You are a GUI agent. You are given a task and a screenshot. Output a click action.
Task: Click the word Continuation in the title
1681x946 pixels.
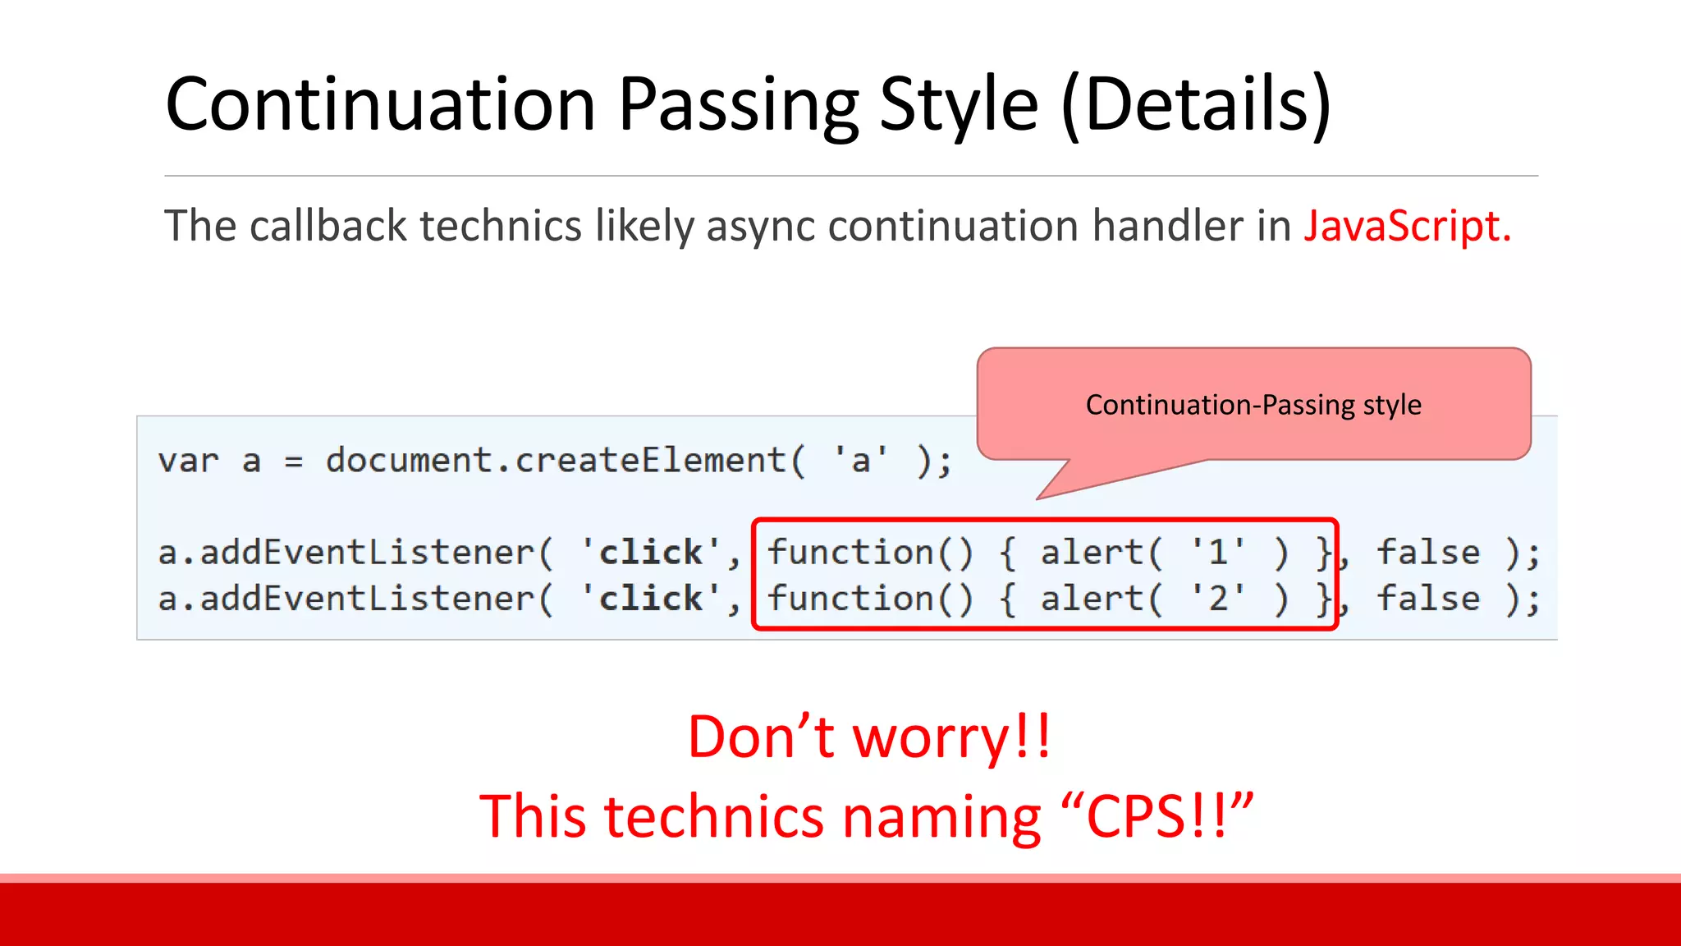(x=380, y=104)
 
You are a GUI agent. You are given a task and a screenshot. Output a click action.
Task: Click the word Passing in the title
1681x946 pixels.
(x=737, y=104)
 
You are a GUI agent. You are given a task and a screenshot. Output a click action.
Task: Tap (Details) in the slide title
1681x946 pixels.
(x=1195, y=104)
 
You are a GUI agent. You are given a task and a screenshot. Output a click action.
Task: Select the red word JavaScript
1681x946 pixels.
(x=1407, y=226)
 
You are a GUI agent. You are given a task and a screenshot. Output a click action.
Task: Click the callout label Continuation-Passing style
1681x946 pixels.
(x=1253, y=405)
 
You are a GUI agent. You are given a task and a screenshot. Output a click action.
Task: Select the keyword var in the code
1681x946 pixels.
(x=189, y=461)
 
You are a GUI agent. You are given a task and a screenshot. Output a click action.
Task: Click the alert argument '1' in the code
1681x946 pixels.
(x=1219, y=552)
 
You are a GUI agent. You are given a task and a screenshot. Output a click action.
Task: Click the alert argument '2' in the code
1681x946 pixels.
(x=1219, y=599)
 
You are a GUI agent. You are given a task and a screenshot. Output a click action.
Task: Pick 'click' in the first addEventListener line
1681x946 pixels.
(x=651, y=552)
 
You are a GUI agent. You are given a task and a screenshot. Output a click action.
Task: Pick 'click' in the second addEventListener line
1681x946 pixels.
(x=651, y=599)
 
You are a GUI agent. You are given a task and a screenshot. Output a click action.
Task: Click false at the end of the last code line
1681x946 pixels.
(x=1428, y=599)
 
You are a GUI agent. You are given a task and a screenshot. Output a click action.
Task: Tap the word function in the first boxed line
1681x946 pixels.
(x=850, y=552)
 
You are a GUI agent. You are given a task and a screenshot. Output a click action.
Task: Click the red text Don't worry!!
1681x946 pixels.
(x=869, y=737)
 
